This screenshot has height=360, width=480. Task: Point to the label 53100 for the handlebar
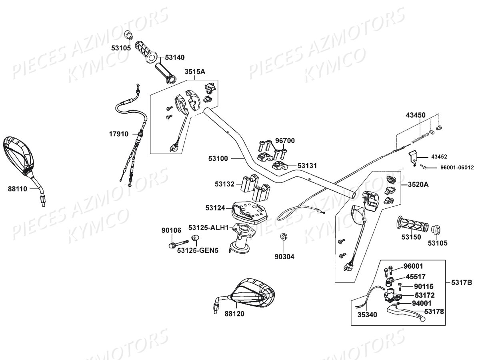click(x=218, y=158)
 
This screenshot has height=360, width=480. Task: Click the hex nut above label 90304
click(x=283, y=237)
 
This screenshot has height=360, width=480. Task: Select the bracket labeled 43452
click(x=414, y=156)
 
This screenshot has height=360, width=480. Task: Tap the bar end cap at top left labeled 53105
click(x=128, y=35)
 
